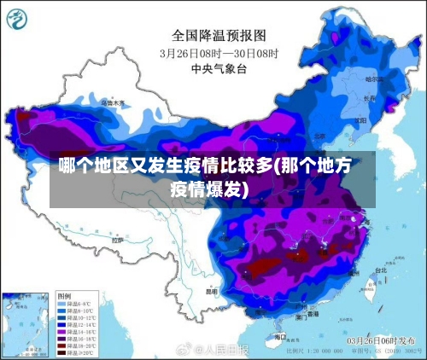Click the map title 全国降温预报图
tap(219, 35)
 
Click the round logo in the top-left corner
tap(18, 17)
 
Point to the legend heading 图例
tap(64, 294)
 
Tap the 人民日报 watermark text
tap(226, 349)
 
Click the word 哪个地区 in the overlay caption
tap(87, 166)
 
